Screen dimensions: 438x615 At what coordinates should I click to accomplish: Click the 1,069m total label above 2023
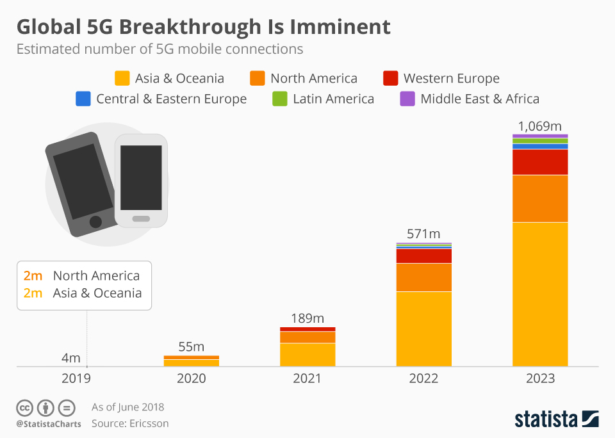tap(540, 126)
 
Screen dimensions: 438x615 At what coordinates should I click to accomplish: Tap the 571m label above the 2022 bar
tap(424, 234)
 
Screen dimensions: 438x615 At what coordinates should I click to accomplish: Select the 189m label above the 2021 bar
tap(307, 318)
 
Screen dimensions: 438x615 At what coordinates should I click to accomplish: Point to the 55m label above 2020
tap(191, 346)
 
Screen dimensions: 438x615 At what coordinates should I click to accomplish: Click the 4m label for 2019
tap(70, 357)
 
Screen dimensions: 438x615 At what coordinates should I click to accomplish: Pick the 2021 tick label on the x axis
tap(307, 378)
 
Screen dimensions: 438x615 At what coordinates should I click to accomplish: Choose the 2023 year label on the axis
tap(540, 378)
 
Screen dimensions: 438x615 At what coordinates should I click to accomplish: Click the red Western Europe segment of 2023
tap(540, 162)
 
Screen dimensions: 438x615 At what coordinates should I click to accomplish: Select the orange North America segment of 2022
tap(424, 277)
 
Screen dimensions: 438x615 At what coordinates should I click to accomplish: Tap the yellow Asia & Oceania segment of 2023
tap(540, 295)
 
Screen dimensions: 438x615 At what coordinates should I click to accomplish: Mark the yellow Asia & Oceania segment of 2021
tap(307, 355)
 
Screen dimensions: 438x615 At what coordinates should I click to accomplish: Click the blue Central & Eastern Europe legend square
tap(83, 99)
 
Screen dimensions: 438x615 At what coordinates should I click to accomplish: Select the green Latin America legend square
tap(280, 99)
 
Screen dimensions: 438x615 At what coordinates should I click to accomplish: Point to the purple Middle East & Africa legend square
tap(407, 99)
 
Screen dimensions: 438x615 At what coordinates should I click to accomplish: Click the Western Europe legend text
tap(451, 79)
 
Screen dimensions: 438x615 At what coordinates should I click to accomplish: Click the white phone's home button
tap(141, 219)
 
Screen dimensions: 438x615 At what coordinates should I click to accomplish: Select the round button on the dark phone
tap(95, 222)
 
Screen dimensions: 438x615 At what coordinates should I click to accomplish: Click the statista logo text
tap(545, 419)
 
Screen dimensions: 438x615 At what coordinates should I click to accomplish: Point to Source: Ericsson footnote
tap(130, 423)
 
